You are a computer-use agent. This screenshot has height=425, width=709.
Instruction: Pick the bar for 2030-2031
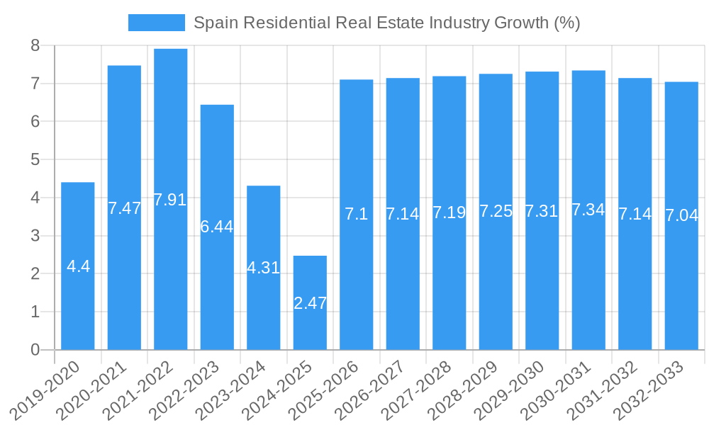(588, 283)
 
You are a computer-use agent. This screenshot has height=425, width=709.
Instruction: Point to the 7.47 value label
(124, 208)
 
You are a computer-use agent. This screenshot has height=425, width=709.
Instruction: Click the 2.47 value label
(310, 303)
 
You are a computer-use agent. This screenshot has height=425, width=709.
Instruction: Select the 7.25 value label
(496, 211)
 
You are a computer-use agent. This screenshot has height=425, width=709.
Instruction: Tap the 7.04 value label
(681, 215)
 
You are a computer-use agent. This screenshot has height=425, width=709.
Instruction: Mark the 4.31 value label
(263, 268)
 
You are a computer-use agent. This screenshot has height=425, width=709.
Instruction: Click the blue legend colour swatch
(156, 23)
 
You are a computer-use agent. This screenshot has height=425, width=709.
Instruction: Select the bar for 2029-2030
(542, 283)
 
